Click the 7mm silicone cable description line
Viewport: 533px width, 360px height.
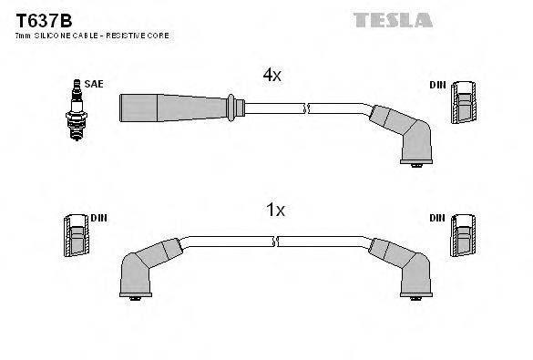coord(92,36)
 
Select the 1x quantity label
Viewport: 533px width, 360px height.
coord(274,211)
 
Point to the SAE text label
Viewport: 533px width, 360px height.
coord(94,84)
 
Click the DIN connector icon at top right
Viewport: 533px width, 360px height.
coord(463,102)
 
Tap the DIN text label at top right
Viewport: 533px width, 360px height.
coord(438,85)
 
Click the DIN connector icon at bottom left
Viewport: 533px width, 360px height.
coord(76,238)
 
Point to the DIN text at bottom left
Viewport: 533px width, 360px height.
coord(98,219)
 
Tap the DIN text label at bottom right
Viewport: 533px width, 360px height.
coord(438,219)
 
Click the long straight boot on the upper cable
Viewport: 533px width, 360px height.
coord(173,108)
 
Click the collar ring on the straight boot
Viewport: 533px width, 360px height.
coord(235,108)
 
